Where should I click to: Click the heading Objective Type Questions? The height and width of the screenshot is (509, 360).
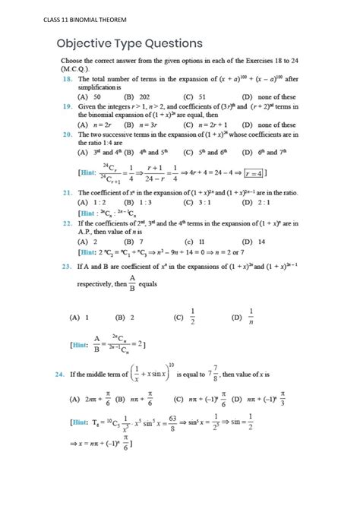click(x=129, y=43)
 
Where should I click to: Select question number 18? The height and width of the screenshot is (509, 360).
click(x=68, y=78)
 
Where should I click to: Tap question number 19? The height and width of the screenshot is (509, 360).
click(x=68, y=106)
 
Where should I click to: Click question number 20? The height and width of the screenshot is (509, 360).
click(x=68, y=134)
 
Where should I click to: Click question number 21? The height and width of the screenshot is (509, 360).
click(x=68, y=193)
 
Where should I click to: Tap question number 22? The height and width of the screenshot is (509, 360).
click(x=68, y=223)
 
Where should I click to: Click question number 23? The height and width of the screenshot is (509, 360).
click(x=68, y=267)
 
